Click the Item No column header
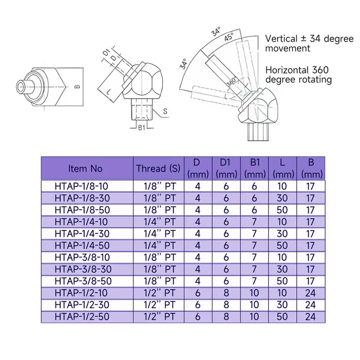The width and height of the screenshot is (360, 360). click(85, 169)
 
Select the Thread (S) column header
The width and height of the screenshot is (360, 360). click(158, 169)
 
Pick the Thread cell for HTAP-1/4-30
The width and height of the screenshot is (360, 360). click(158, 233)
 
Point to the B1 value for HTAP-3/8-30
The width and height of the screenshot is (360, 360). click(255, 269)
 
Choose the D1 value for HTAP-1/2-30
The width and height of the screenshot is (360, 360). click(226, 305)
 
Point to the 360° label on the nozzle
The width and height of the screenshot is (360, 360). click(233, 83)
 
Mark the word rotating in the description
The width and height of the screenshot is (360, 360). click(315, 80)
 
